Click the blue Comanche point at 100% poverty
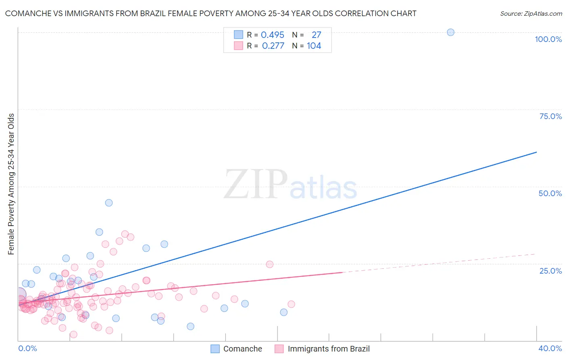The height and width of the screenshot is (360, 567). tap(450, 32)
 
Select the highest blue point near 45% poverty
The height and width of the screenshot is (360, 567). tap(109, 203)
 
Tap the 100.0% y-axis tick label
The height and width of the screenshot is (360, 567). tap(548, 39)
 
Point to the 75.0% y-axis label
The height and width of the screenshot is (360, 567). tap(550, 116)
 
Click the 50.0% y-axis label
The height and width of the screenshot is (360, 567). tap(550, 193)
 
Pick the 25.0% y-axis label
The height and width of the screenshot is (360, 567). tap(550, 271)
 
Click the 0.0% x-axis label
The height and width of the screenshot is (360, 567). tap(28, 348)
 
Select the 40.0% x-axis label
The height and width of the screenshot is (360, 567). tap(550, 348)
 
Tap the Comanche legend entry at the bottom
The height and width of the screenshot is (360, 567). tap(242, 349)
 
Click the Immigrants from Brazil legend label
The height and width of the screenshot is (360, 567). tap(328, 349)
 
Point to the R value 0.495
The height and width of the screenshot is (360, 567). tap(273, 35)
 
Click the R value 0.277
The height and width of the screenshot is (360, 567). tap(273, 46)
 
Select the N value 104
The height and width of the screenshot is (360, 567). tap(314, 46)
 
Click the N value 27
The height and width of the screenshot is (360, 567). tap(316, 35)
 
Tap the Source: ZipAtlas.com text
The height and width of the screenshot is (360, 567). tap(531, 14)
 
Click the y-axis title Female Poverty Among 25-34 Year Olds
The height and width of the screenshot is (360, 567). tap(11, 184)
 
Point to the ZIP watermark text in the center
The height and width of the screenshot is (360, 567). tap(256, 184)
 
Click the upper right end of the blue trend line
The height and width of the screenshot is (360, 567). tap(536, 152)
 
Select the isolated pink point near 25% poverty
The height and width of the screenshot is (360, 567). tap(270, 264)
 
